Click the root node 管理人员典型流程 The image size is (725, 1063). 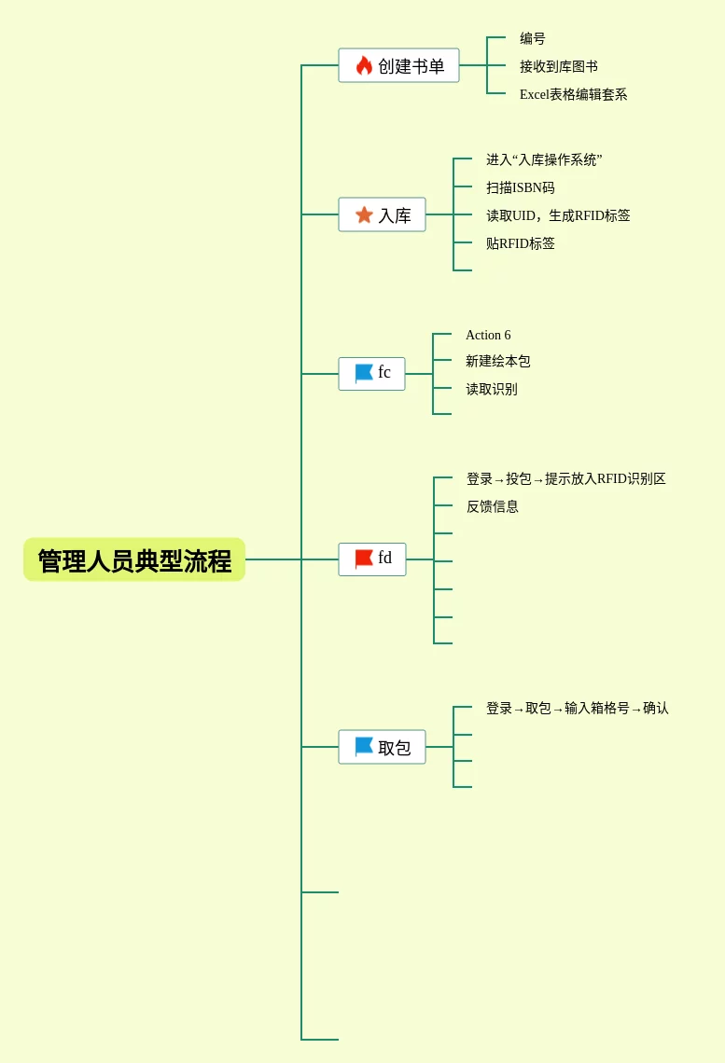(134, 560)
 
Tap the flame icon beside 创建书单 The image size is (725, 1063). (364, 65)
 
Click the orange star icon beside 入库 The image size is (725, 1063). (364, 215)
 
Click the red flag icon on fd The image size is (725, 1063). (364, 559)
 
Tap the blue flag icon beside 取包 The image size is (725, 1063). (364, 747)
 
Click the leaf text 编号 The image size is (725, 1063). (533, 39)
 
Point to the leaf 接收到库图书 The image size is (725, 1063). (559, 67)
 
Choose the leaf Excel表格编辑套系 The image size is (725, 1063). (573, 95)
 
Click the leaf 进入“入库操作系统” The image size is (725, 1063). (544, 160)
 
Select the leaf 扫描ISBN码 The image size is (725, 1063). (520, 188)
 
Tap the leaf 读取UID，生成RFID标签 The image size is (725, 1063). (558, 216)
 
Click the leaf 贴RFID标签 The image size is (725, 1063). (520, 244)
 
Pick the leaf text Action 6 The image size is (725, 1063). (488, 336)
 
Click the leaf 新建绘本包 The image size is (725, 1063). (498, 362)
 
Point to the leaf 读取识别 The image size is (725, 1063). (492, 390)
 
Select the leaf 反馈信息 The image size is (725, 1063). (493, 507)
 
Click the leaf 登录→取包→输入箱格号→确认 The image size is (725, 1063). (578, 709)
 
